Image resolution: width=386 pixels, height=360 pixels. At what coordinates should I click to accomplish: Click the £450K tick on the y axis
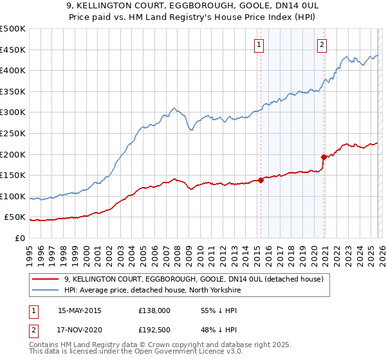tap(13, 50)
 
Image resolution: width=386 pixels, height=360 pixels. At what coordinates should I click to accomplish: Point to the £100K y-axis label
tap(13, 196)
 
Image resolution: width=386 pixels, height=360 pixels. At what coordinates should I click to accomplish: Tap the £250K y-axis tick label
tap(13, 133)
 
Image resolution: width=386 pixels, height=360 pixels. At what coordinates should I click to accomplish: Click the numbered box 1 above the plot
tap(259, 44)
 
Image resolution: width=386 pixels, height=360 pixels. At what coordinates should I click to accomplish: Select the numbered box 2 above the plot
tap(321, 44)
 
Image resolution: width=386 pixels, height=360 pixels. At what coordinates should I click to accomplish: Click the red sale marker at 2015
tap(261, 180)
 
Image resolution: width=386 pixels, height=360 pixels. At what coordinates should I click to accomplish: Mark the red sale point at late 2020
tap(324, 156)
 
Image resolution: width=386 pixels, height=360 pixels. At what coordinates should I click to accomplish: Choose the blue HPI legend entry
tap(152, 290)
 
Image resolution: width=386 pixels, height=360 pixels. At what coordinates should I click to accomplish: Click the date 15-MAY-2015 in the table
tap(80, 310)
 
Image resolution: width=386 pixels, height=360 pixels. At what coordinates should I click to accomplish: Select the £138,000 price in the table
tap(154, 310)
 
